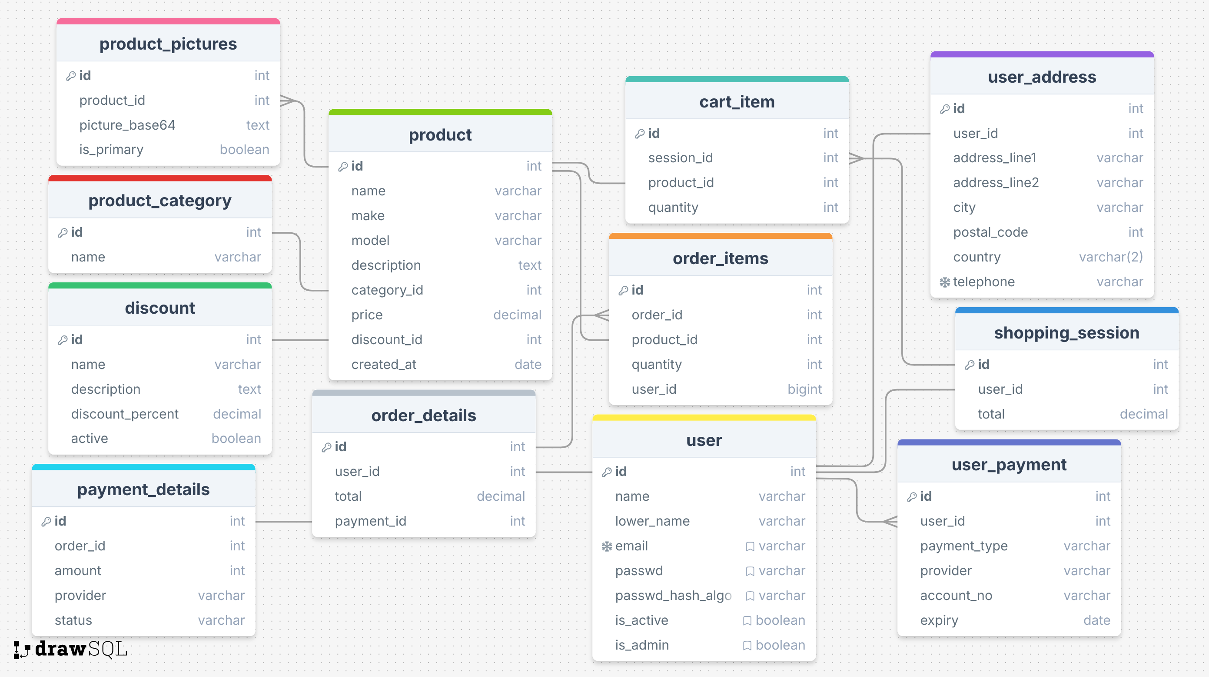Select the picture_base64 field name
pyautogui.click(x=127, y=125)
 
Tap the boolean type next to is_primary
pyautogui.click(x=244, y=149)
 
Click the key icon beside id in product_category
pyautogui.click(x=63, y=233)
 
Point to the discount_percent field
pyautogui.click(x=124, y=414)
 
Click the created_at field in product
pyautogui.click(x=383, y=364)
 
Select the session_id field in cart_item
pyautogui.click(x=680, y=158)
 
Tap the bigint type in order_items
pyautogui.click(x=804, y=389)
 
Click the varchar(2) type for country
pyautogui.click(x=1110, y=257)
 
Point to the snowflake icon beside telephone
pyautogui.click(x=944, y=282)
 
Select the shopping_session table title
pyautogui.click(x=1066, y=333)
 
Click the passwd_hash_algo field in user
pyautogui.click(x=673, y=595)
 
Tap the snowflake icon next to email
pyautogui.click(x=607, y=546)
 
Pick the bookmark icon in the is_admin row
pyautogui.click(x=747, y=645)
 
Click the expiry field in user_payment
pyautogui.click(x=939, y=620)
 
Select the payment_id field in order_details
pyautogui.click(x=370, y=521)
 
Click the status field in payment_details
pyautogui.click(x=73, y=620)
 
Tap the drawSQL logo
pyautogui.click(x=70, y=649)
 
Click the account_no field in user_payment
pyautogui.click(x=956, y=595)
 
